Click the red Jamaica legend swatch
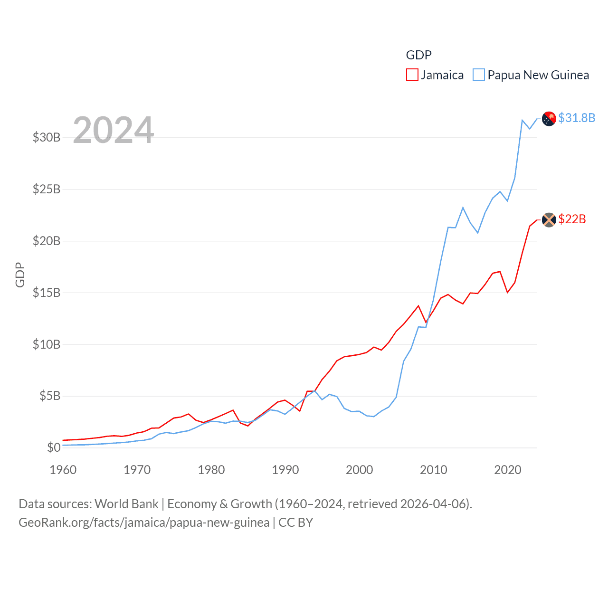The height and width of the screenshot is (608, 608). pos(412,75)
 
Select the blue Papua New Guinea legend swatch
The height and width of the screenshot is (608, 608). pos(479,75)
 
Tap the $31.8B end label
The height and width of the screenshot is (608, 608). pos(577,118)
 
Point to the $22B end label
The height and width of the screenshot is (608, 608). pos(572,219)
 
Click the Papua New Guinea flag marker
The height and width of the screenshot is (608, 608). pos(549,118)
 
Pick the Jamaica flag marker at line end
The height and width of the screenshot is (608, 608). pos(549,219)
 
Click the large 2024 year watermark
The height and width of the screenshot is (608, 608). pos(113,130)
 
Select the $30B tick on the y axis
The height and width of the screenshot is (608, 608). pos(47,138)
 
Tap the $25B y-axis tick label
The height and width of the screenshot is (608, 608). pos(47,190)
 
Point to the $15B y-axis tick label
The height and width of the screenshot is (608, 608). pos(47,293)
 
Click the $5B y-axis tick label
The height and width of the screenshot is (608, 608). pos(50,396)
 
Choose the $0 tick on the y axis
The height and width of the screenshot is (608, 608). pos(54,448)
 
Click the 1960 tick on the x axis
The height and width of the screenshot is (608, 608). pos(63,470)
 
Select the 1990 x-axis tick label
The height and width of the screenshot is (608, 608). pos(285,470)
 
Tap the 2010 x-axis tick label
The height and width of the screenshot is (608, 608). pos(434,470)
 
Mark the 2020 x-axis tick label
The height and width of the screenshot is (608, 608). pos(508,470)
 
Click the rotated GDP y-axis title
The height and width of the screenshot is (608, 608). pos(20,275)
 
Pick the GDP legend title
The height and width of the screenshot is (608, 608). pos(418,55)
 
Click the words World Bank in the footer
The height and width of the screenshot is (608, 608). pos(126,504)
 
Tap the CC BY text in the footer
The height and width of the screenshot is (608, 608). pos(295,522)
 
